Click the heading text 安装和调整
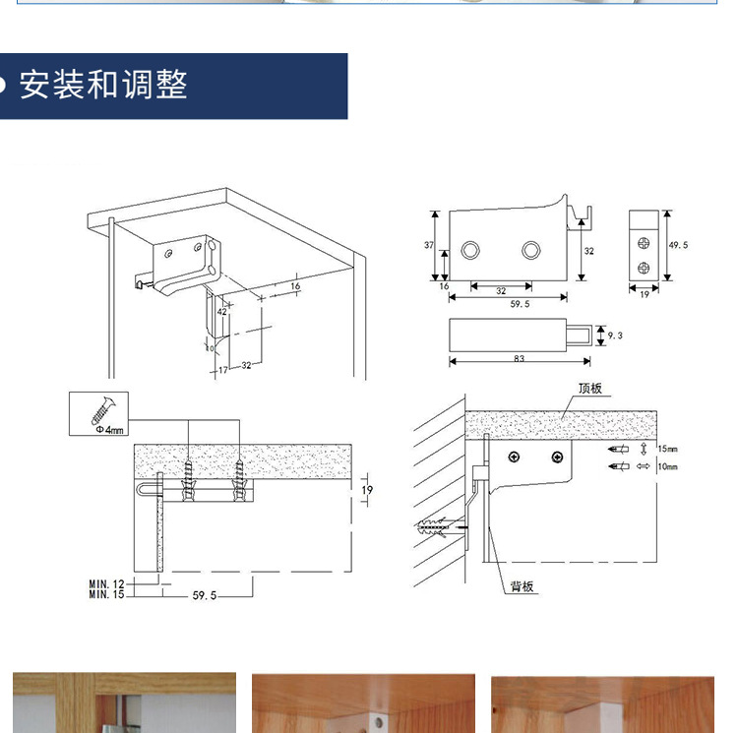coord(103,85)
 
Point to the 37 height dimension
coord(429,245)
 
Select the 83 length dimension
coord(518,359)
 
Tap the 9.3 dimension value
coord(615,336)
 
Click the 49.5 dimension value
coord(678,246)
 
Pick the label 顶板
coord(589,389)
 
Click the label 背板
coord(522,586)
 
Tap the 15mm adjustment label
coord(666,449)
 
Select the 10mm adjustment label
coord(666,466)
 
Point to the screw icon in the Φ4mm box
coord(103,406)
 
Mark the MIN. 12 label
coord(105,584)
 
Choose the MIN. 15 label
coord(105,594)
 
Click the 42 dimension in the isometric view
coord(221,311)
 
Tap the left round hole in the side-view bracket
coord(472,249)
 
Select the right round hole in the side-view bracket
coord(532,249)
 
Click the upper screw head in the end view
coord(643,241)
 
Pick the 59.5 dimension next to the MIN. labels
coord(203,595)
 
